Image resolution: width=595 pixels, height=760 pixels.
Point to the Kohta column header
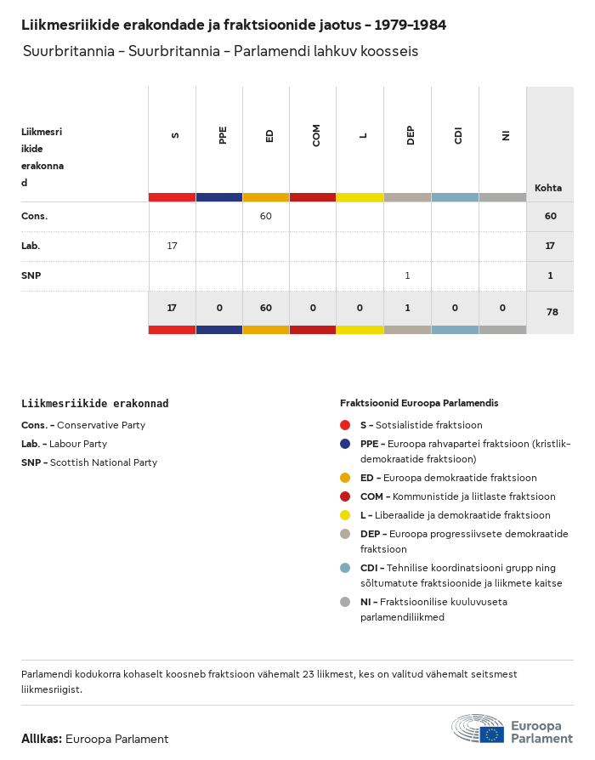pos(548,188)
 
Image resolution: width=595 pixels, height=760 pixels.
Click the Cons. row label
pos(35,216)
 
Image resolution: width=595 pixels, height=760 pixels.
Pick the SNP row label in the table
pos(31,275)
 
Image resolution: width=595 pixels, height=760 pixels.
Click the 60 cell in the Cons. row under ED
pos(266,216)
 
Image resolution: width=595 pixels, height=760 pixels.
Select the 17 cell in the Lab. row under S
pos(173,246)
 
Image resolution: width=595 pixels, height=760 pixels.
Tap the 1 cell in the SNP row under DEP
pos(408,275)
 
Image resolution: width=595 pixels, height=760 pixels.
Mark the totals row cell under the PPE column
pos(219,308)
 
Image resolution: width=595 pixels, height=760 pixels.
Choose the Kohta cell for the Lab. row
pos(550,246)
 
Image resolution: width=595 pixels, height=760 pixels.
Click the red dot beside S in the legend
pos(345,425)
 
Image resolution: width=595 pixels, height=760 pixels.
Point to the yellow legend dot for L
pos(345,515)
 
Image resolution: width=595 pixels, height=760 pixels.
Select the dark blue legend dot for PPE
pos(345,444)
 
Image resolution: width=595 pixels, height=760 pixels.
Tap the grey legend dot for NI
pos(345,602)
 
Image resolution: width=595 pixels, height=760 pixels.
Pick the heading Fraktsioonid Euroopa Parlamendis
pos(419,403)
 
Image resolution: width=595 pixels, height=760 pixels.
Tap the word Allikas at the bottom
pos(42,739)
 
